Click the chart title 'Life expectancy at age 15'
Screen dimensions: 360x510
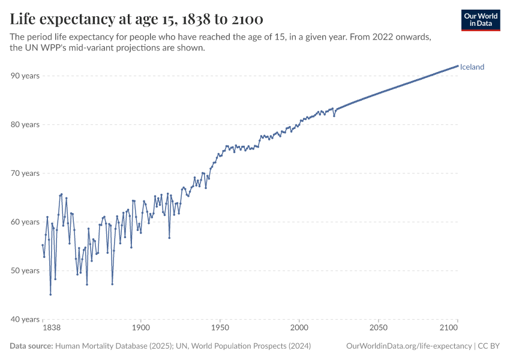coord(137,19)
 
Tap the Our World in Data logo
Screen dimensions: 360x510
coord(481,20)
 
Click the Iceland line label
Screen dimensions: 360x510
coord(472,67)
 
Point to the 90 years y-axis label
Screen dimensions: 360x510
coord(25,76)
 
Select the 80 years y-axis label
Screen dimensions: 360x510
coord(25,124)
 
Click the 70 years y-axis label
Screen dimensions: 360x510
coord(25,173)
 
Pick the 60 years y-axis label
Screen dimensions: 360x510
coord(25,222)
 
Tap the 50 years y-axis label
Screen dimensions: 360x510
coord(25,271)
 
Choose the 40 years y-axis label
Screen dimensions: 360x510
coord(25,319)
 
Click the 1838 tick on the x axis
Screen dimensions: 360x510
coord(51,329)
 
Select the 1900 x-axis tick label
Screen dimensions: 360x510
coord(141,329)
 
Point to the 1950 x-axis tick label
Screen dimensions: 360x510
coord(220,329)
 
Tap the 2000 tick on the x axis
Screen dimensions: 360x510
coord(299,329)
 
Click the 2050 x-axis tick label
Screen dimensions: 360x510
coord(379,329)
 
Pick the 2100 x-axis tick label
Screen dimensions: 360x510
coord(458,329)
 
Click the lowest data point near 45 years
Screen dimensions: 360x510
coord(50,295)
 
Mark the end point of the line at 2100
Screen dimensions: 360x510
coord(458,65)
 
